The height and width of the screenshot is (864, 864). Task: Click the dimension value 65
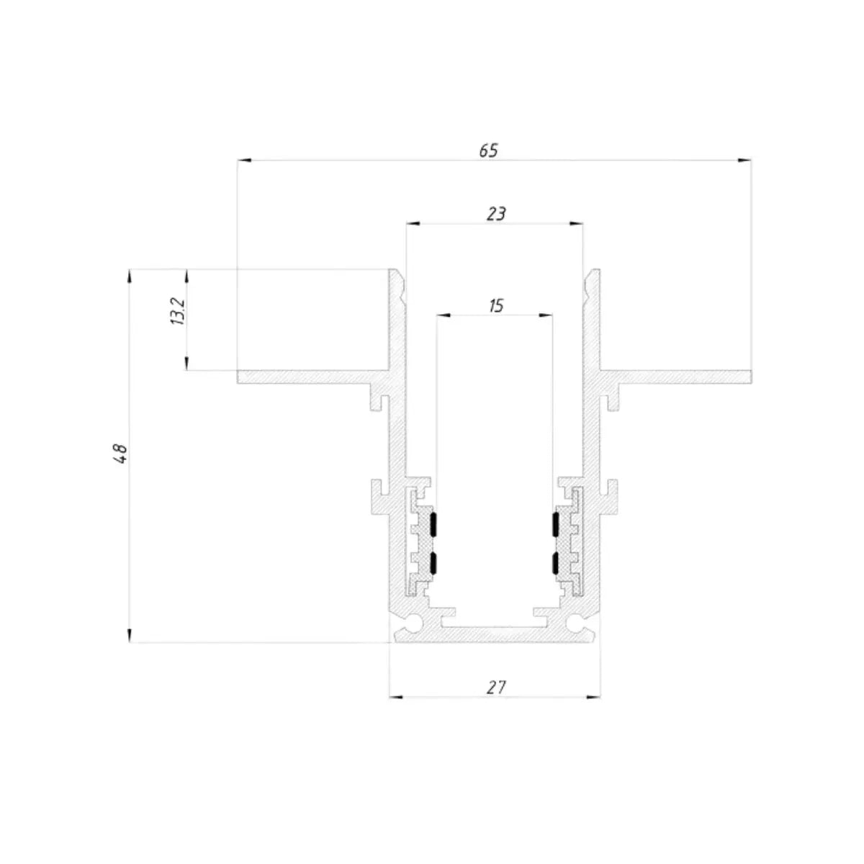tap(488, 150)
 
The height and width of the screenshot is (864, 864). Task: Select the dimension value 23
tap(496, 214)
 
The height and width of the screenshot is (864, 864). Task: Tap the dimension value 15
tap(496, 306)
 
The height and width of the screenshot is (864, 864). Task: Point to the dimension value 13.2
tap(178, 311)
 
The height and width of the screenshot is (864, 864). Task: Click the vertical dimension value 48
tap(121, 454)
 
